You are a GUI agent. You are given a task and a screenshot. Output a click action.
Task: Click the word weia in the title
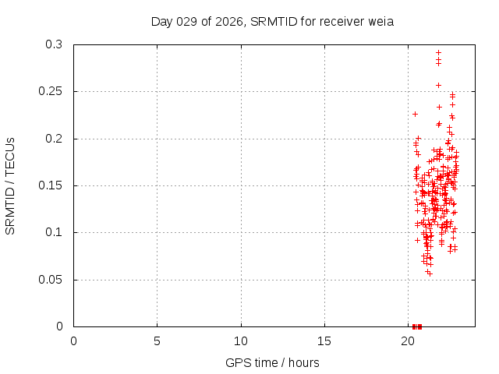pos(381,21)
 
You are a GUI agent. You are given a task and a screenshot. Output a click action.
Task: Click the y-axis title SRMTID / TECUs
pos(10,185)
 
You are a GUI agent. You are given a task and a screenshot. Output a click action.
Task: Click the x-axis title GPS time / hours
pos(272,362)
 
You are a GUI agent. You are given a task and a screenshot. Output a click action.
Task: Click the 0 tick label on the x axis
pos(73,341)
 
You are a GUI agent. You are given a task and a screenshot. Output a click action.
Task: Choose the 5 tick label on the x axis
pos(157,341)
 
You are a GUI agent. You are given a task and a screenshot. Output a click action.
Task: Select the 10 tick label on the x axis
pos(241,341)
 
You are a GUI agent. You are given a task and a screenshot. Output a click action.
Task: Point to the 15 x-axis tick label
pos(324,341)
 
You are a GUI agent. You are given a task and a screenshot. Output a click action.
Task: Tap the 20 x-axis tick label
pos(408,341)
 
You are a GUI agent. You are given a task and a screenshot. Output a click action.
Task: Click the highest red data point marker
pos(438,52)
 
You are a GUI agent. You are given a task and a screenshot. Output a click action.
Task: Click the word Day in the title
pos(161,21)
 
